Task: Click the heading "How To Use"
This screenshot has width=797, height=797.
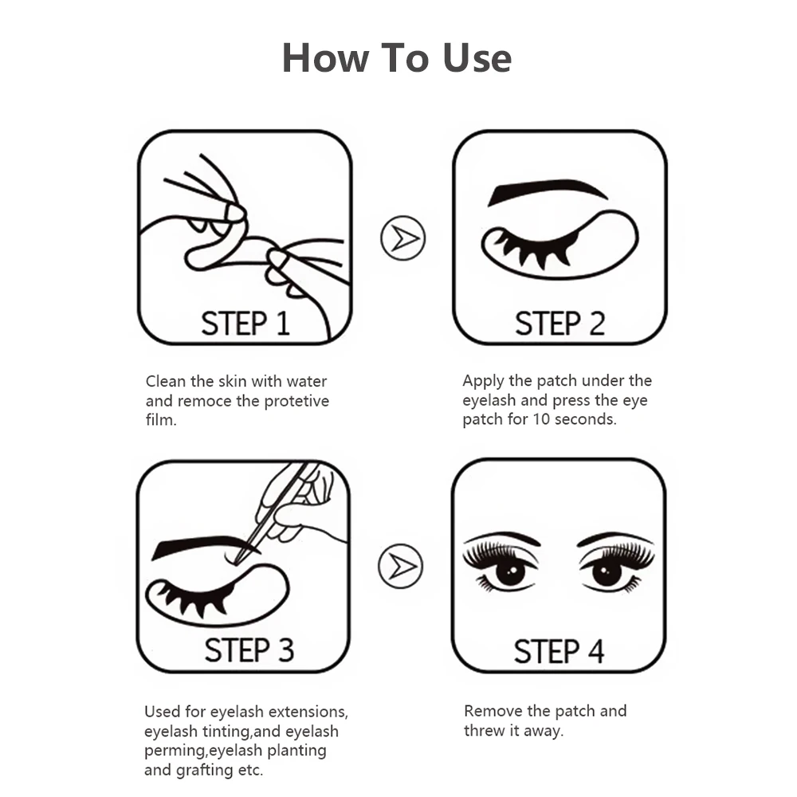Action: (397, 58)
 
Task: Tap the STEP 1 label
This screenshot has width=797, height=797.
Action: (245, 324)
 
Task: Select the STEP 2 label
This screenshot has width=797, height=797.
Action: (559, 324)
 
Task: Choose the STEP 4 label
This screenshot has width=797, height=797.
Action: (559, 651)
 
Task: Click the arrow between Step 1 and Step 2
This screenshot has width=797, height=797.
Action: (403, 238)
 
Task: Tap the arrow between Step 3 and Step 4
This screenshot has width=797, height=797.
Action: (402, 565)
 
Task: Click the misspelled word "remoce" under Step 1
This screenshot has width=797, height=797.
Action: (206, 401)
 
